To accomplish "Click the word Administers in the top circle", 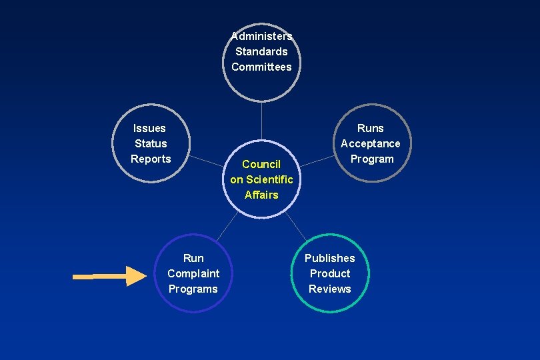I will [x=261, y=36].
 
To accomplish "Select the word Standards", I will [x=261, y=51].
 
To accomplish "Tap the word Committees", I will [x=261, y=67].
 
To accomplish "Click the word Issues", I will [x=149, y=128].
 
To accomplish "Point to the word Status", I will [x=151, y=143].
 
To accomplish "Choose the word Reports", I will [x=151, y=159].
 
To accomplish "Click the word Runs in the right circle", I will [x=371, y=128].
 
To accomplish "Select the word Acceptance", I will [x=371, y=143].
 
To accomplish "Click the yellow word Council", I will [x=261, y=164].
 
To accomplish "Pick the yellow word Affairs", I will [x=261, y=195].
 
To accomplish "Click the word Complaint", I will [x=193, y=273].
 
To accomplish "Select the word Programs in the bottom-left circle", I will [x=193, y=289].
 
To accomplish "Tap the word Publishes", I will [x=330, y=258].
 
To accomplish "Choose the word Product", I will [x=330, y=273].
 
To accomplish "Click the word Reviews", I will [x=330, y=289].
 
